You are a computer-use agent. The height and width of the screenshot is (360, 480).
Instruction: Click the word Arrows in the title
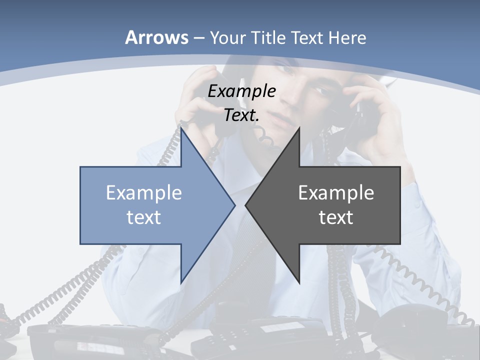pyautogui.click(x=156, y=37)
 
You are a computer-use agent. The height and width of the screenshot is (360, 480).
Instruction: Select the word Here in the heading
pyautogui.click(x=347, y=37)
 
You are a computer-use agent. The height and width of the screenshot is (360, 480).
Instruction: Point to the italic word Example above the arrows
pyautogui.click(x=242, y=91)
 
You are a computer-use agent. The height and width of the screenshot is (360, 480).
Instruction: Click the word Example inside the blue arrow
pyautogui.click(x=144, y=192)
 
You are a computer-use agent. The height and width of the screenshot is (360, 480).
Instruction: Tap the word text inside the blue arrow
pyautogui.click(x=144, y=217)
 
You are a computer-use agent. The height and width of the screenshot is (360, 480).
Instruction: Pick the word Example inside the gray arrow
pyautogui.click(x=336, y=192)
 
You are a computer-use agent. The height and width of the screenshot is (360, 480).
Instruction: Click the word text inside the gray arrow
pyautogui.click(x=336, y=217)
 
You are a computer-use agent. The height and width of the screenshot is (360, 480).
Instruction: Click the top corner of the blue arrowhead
pyautogui.click(x=181, y=129)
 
